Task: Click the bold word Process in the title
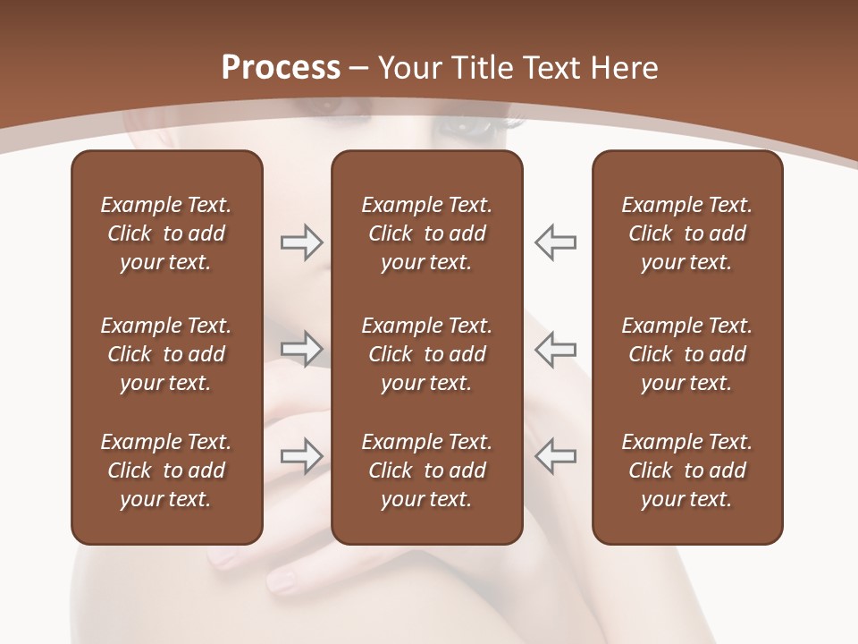[x=281, y=68]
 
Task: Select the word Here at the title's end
[x=625, y=68]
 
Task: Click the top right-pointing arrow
[x=301, y=242]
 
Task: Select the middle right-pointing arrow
[x=301, y=348]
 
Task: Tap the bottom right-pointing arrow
[x=301, y=455]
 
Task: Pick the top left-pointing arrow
[x=556, y=242]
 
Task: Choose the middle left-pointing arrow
[x=556, y=348]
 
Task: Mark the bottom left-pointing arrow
[x=556, y=455]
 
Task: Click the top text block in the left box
[x=166, y=233]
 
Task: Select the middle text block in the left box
[x=166, y=354]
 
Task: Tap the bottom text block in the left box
[x=166, y=470]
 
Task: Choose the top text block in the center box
[x=426, y=233]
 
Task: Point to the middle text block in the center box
[x=426, y=354]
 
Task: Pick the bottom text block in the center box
[x=426, y=470]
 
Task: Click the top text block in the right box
[x=686, y=233]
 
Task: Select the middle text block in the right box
[x=686, y=354]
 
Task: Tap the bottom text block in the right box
[x=686, y=470]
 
